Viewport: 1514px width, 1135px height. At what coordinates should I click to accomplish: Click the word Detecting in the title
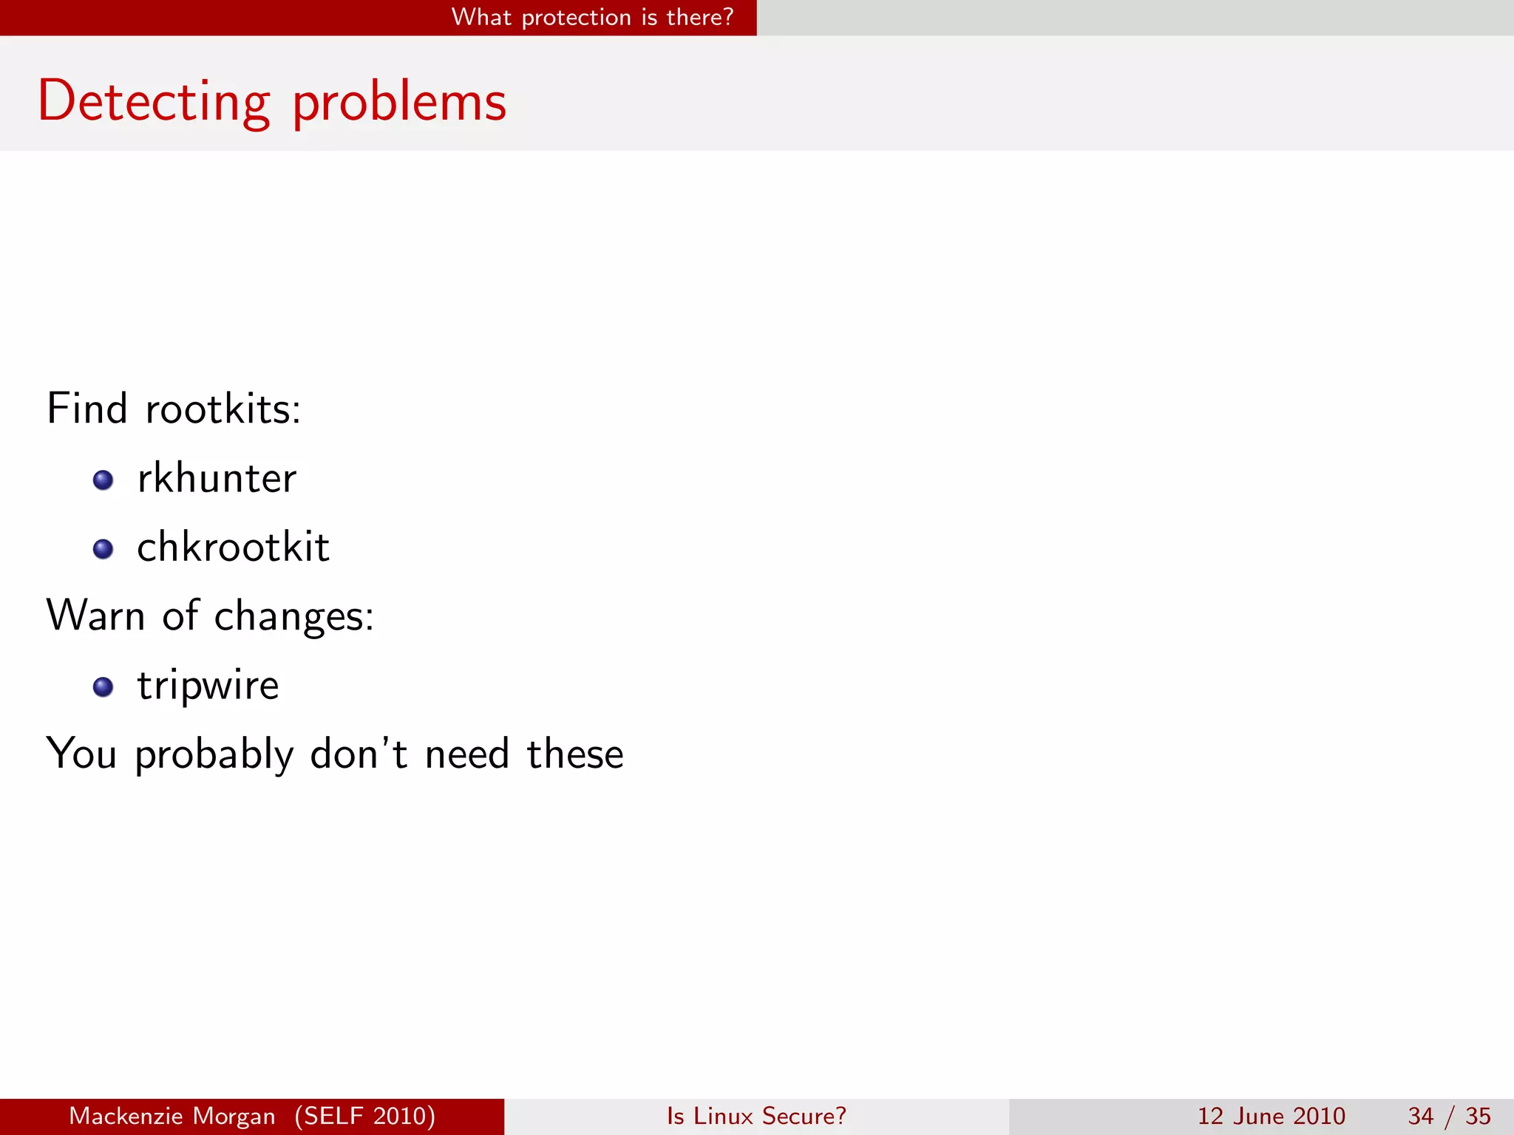coord(154,102)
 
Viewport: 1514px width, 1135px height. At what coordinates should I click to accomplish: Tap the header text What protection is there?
coord(592,17)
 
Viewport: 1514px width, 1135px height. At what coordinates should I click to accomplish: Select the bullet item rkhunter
coord(217,478)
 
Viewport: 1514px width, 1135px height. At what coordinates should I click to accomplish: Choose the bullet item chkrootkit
coord(233,548)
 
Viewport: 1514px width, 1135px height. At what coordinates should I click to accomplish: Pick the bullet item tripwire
coord(208,686)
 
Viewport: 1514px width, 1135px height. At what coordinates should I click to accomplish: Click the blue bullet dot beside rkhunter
coord(103,480)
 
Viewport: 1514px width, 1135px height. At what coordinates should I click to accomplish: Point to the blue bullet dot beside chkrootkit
coord(103,549)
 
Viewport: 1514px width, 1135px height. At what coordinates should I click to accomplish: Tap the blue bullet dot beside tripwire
coord(103,687)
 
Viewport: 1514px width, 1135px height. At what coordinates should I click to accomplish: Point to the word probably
coord(214,755)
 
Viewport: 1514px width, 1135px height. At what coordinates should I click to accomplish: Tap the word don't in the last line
coord(359,754)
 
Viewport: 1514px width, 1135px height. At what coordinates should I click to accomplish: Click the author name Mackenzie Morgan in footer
coord(172,1116)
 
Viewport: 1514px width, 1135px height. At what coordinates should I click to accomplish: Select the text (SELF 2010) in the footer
coord(365,1116)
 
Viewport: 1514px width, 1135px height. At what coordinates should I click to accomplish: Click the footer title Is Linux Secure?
coord(756,1116)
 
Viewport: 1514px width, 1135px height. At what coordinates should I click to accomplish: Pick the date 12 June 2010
coord(1271,1116)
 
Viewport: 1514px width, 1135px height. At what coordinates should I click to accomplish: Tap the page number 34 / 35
coord(1449,1116)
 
